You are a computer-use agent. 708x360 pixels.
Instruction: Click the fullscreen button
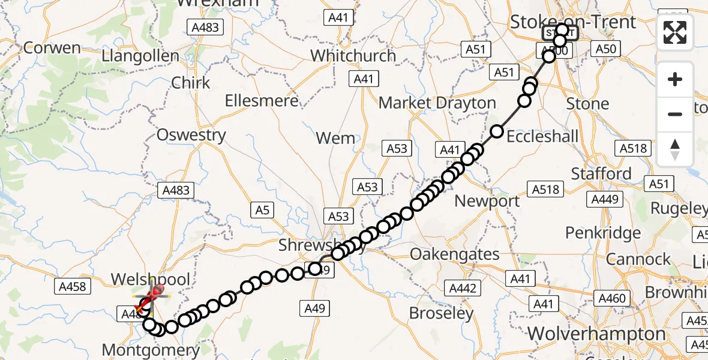[x=675, y=32]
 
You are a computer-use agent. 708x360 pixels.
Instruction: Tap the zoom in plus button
[x=675, y=80]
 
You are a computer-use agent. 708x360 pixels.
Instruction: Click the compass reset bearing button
[x=675, y=149]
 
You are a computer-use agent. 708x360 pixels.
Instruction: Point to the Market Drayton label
[x=437, y=103]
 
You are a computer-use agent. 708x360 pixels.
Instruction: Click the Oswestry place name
[x=191, y=135]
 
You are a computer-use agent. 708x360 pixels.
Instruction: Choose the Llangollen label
[x=140, y=56]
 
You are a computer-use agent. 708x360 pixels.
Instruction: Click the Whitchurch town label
[x=353, y=56]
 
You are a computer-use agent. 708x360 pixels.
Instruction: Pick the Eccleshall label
[x=542, y=136]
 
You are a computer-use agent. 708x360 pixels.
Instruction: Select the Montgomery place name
[x=150, y=349]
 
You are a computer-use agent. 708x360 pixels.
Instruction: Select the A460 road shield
[x=612, y=298]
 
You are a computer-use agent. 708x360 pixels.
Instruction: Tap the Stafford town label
[x=601, y=174]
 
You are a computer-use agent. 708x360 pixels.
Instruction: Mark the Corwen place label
[x=51, y=48]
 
